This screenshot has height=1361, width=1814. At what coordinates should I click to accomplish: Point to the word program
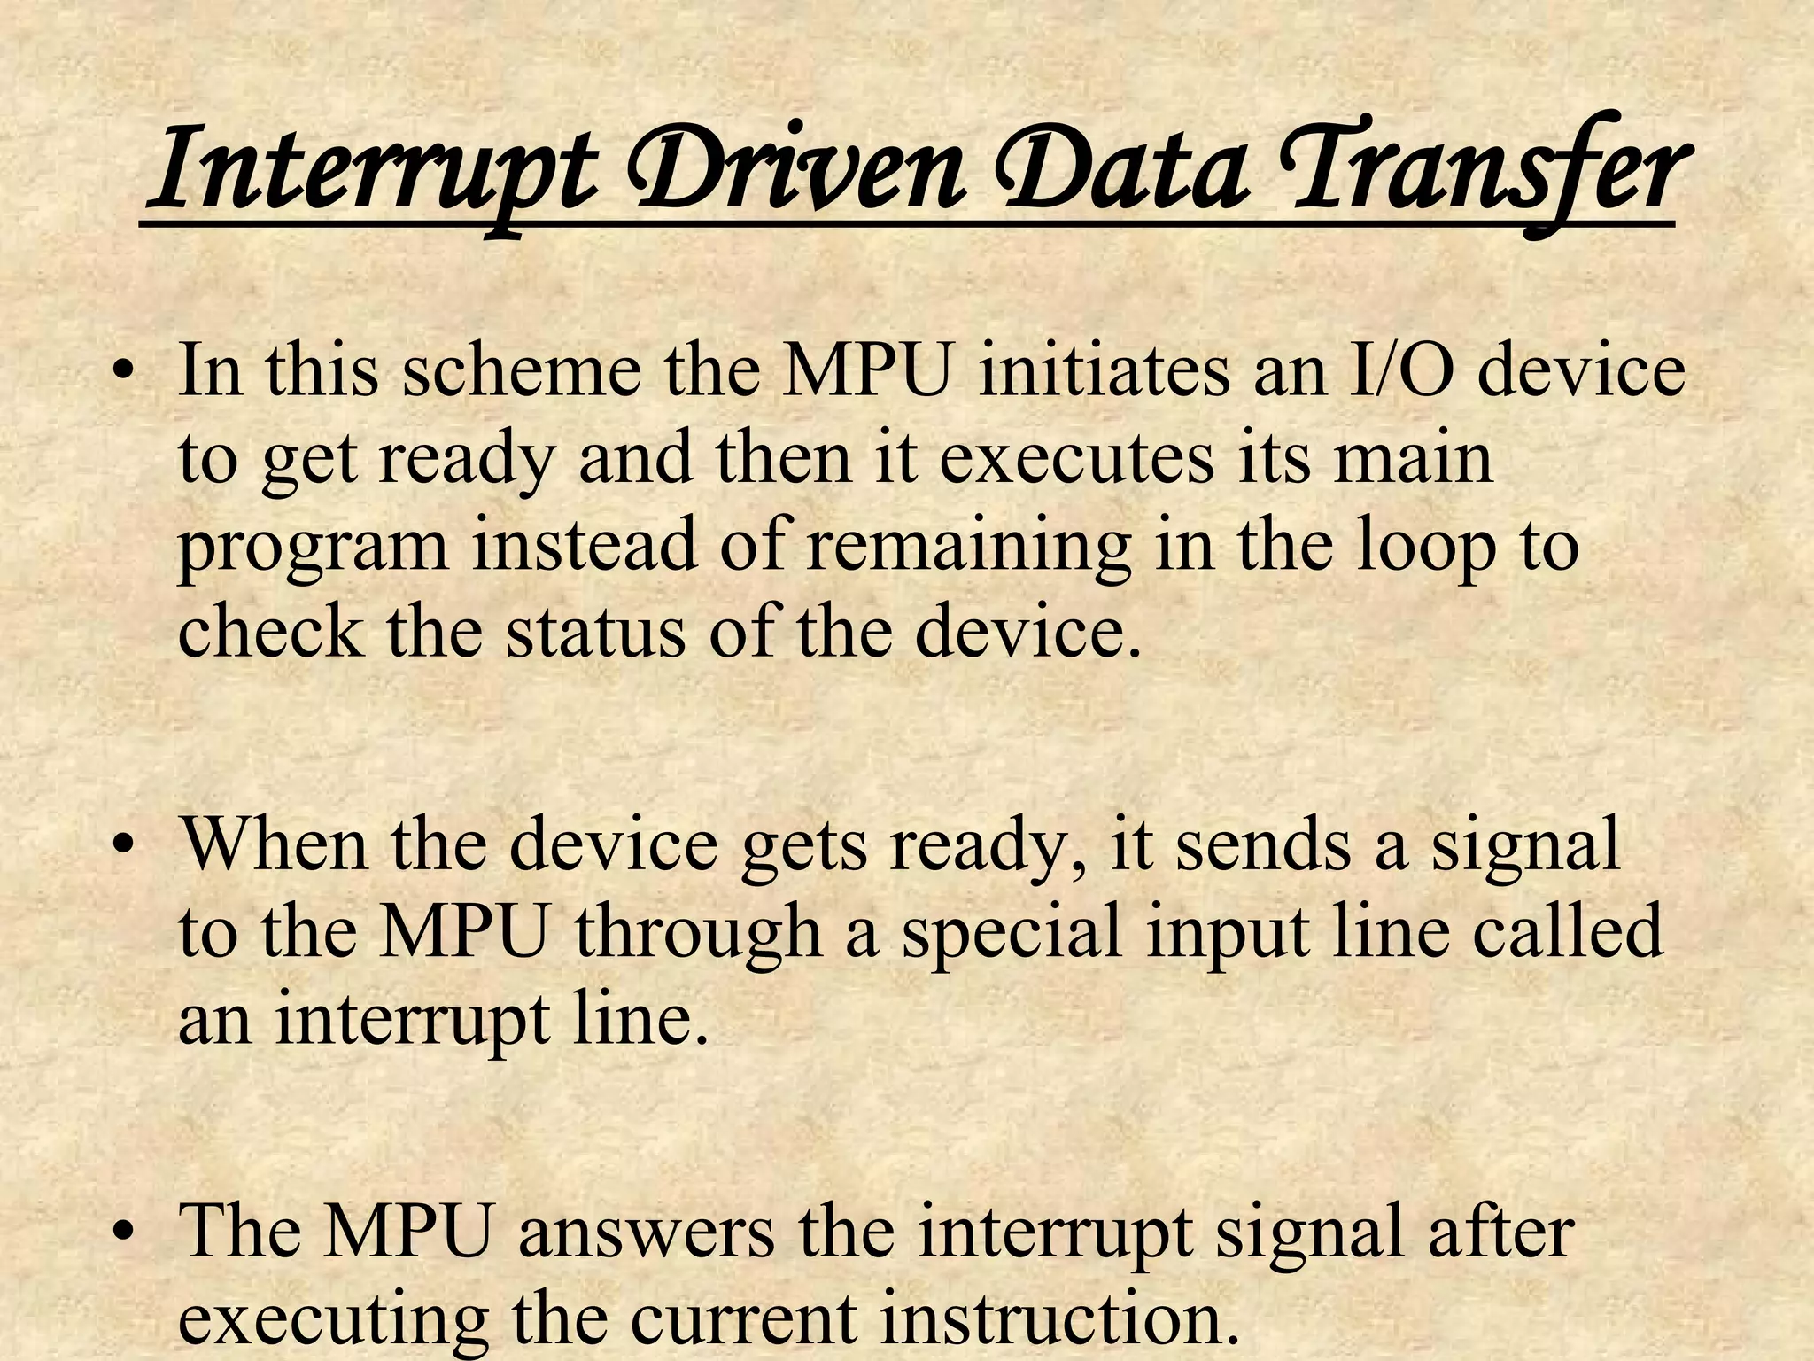pyautogui.click(x=314, y=547)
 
